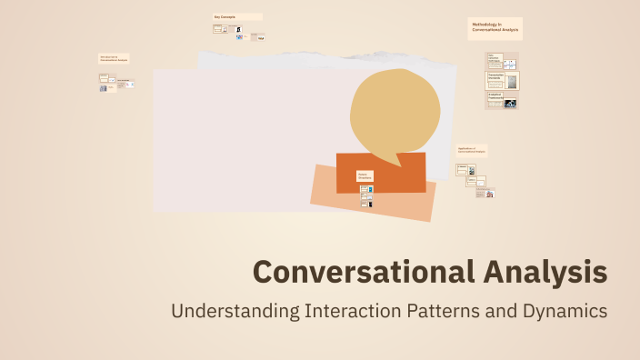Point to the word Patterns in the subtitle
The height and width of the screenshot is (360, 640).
pyautogui.click(x=446, y=311)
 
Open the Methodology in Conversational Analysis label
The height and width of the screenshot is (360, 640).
pyautogui.click(x=495, y=28)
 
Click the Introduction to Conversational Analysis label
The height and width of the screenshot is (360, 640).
pyautogui.click(x=114, y=58)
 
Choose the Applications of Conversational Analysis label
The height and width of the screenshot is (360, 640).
pyautogui.click(x=472, y=149)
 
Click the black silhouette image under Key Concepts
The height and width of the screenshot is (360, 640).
pyautogui.click(x=239, y=29)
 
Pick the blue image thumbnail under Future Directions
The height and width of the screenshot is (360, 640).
pyautogui.click(x=370, y=189)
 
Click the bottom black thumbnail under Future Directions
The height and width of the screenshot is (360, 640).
pyautogui.click(x=369, y=205)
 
